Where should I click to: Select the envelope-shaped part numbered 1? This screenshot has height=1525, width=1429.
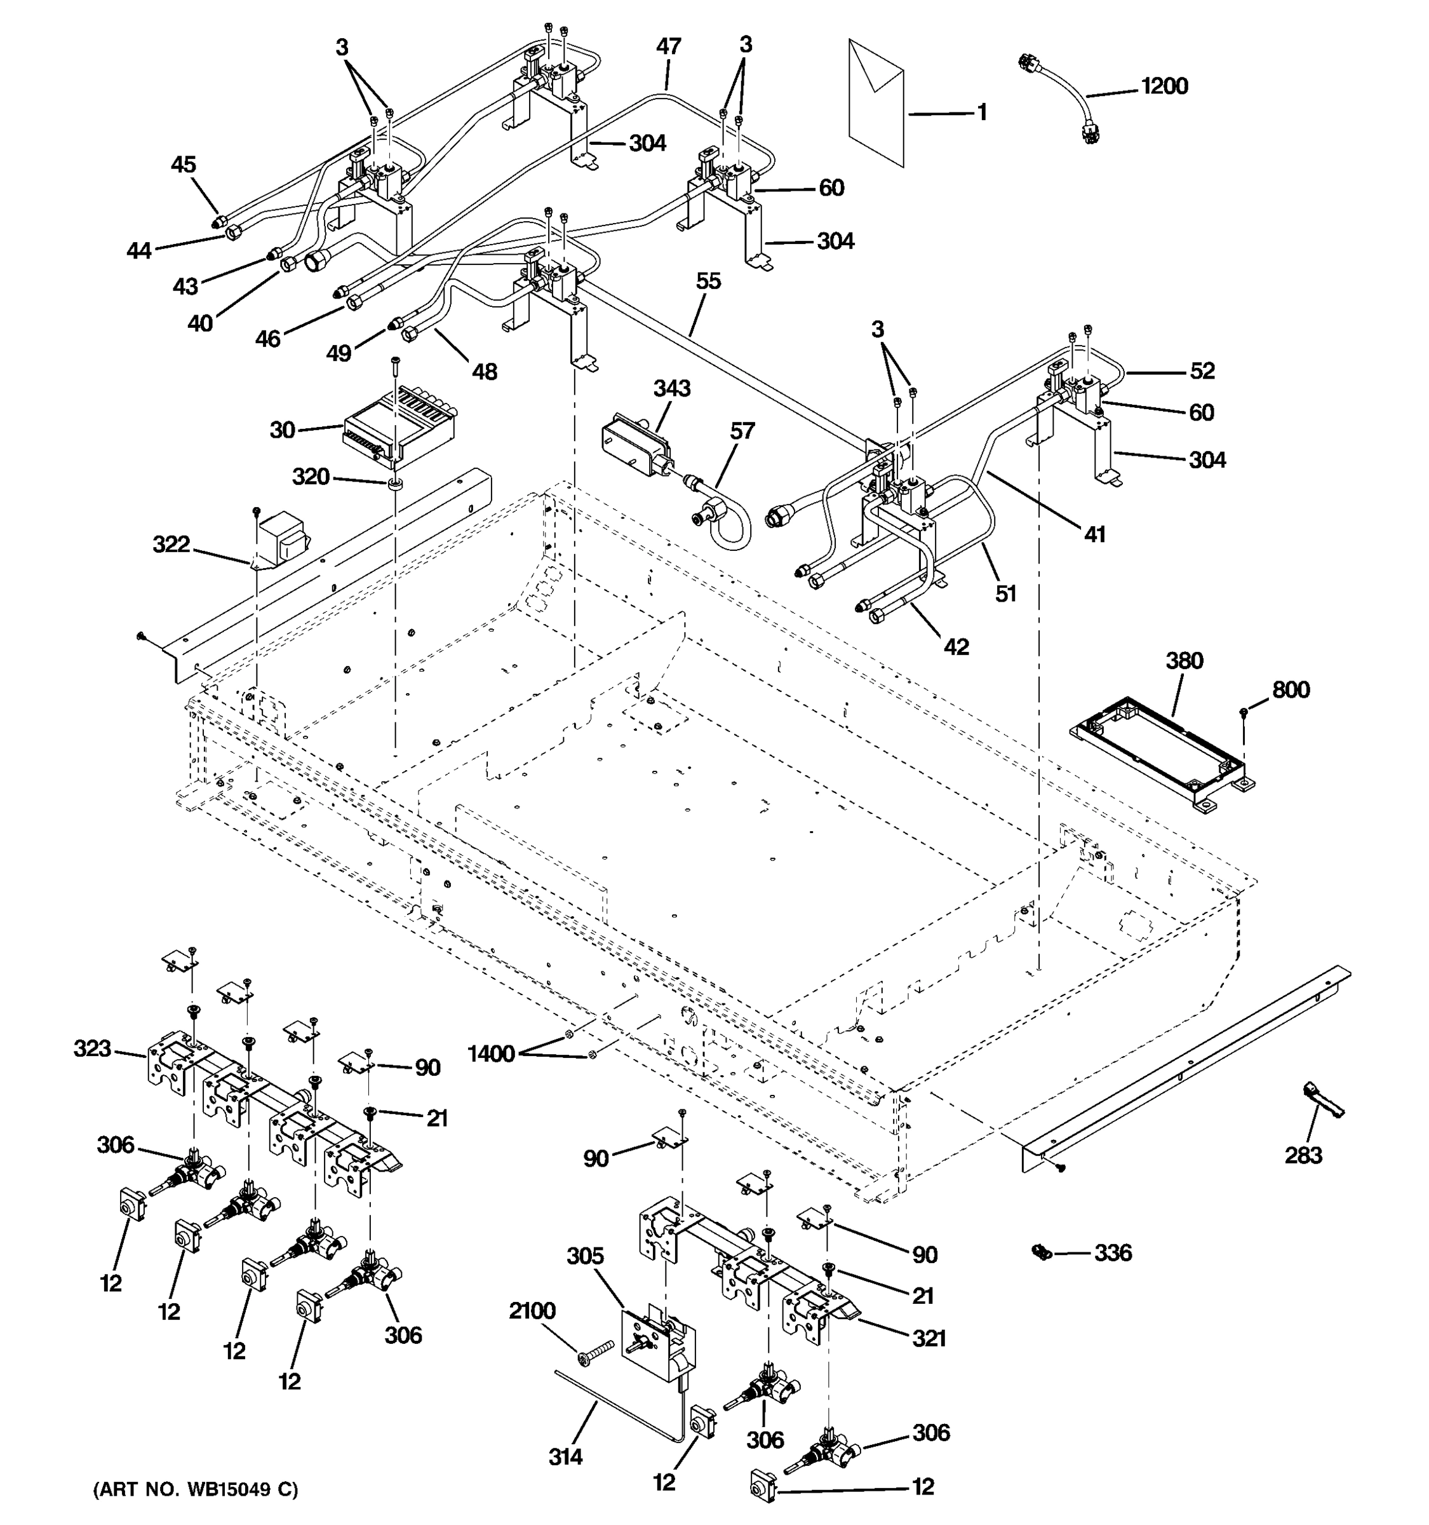876,104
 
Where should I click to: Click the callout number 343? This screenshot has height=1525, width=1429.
671,388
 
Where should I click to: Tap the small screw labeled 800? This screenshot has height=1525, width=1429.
1244,714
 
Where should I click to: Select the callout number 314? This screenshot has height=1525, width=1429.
565,1456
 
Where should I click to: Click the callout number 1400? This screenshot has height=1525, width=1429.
491,1054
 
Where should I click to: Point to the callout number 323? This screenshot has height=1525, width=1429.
92,1048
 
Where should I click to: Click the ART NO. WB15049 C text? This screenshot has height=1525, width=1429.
196,1489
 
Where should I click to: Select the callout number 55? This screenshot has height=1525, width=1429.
708,281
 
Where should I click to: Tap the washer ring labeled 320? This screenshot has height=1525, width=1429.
396,484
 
